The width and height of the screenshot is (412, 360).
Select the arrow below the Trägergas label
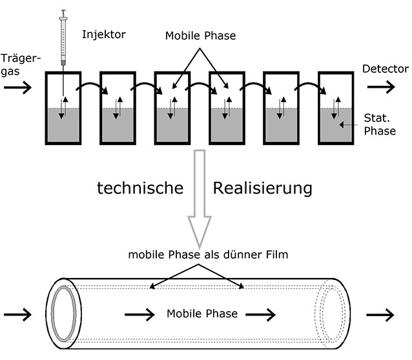tap(17, 88)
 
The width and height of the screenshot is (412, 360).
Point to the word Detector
tap(385, 69)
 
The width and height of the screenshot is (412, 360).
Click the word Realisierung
tap(263, 188)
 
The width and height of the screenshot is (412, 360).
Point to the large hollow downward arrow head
tap(200, 229)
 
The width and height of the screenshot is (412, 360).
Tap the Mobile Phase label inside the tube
tap(201, 314)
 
